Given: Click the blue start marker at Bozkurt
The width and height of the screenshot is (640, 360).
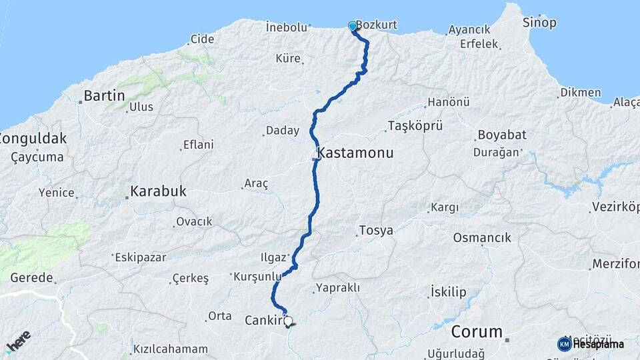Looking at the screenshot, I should tap(353, 26).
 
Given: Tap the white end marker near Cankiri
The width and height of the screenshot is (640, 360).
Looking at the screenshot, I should tap(288, 321).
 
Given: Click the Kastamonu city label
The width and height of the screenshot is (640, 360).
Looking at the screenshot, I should tap(356, 153).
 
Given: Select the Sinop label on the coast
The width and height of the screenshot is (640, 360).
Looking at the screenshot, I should tap(539, 23).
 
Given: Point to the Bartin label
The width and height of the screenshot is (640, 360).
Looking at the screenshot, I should tap(105, 96).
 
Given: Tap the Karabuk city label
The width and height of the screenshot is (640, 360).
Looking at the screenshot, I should tap(158, 191).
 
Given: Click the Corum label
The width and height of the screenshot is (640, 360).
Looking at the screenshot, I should tap(477, 331).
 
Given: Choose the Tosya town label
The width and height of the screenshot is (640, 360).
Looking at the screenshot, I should tap(376, 231).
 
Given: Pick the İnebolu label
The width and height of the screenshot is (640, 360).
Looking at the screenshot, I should tap(286, 27).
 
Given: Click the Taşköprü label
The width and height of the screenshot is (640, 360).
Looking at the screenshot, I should tap(414, 125).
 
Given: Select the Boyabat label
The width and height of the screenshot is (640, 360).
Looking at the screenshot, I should tap(501, 135).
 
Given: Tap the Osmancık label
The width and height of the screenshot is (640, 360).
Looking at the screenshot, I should tap(481, 237).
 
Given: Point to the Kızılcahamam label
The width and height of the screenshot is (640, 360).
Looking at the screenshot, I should tap(171, 349).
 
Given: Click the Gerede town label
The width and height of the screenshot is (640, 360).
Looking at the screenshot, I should tap(27, 277).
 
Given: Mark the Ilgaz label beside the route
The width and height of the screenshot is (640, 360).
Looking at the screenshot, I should tap(273, 257).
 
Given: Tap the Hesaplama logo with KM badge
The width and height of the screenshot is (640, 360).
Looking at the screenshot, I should tap(591, 344).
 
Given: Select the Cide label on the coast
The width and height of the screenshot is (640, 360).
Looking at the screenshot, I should tap(202, 39).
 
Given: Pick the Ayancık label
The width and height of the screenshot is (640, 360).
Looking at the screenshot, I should tap(469, 29).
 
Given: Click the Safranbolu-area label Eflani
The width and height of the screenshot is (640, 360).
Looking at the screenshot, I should tap(199, 145).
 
